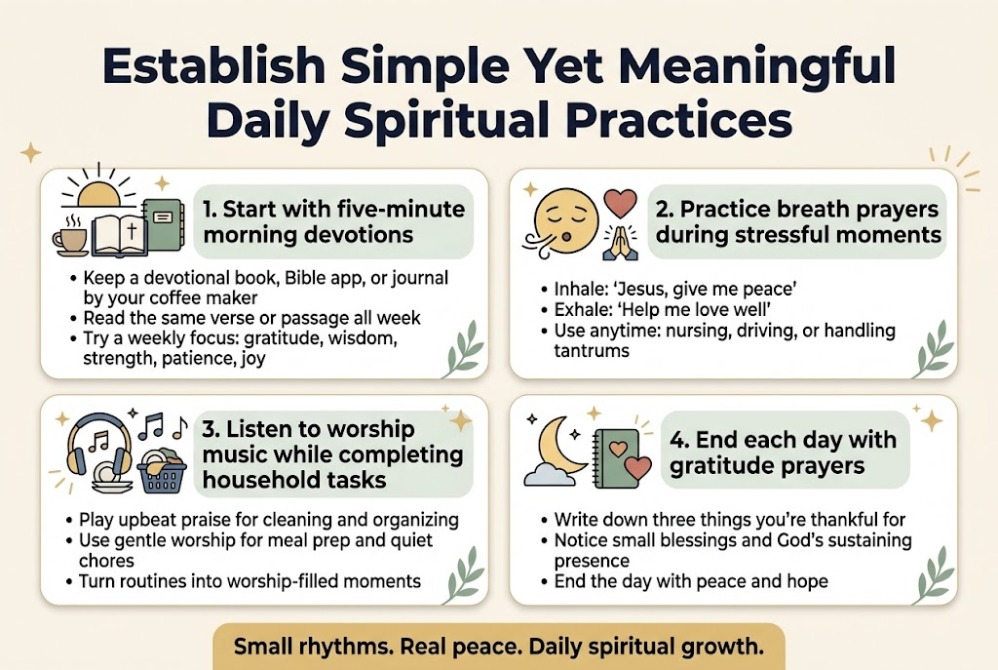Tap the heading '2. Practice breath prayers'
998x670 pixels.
coord(796,221)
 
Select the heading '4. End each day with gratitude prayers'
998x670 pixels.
coord(782,452)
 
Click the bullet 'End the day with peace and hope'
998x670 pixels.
coord(690,581)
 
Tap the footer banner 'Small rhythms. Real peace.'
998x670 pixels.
coord(498,647)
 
